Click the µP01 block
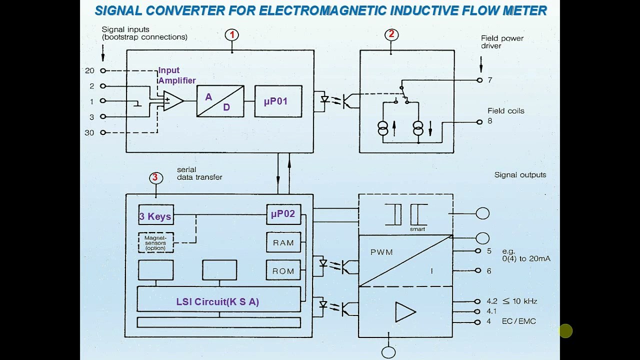[278, 101]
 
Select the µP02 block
[283, 214]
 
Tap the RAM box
[283, 242]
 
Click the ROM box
[283, 271]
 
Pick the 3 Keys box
[155, 216]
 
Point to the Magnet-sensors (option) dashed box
[155, 242]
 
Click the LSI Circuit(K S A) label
[217, 301]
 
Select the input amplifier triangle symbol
[172, 101]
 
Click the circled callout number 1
[231, 34]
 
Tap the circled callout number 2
[391, 34]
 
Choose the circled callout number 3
[155, 177]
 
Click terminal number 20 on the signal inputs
[90, 71]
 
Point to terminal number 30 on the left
[89, 132]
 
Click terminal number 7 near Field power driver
[489, 80]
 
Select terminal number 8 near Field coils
[489, 121]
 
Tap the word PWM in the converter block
[381, 252]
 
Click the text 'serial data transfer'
[199, 173]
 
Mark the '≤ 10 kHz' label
[520, 301]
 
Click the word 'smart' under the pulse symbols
[417, 229]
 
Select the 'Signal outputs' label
[520, 175]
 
